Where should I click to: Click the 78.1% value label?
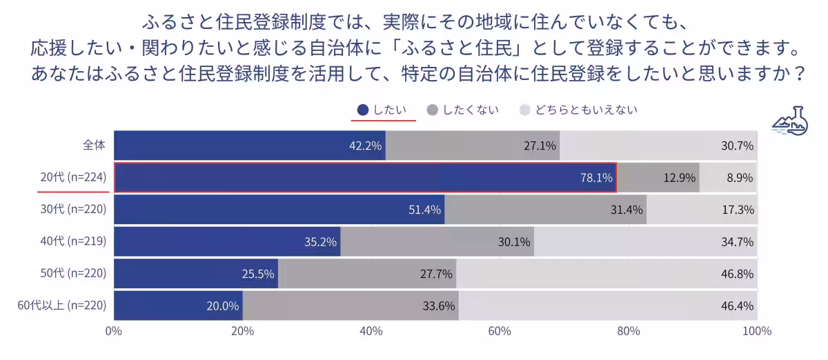coord(596,178)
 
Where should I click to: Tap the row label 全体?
coord(94,146)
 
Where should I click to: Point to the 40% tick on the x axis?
coord(371,331)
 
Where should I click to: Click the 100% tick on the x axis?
coord(757,331)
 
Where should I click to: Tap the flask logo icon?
coord(791,122)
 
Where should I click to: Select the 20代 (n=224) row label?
coord(72,178)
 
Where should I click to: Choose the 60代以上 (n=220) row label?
coord(62,306)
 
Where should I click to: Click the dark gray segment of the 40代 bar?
coord(437,241)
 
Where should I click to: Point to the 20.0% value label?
coord(223,306)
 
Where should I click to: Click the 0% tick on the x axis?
coord(114,331)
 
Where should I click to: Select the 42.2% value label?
coord(366,146)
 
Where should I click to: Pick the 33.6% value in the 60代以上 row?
coord(436,306)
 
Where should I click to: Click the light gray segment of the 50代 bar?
coord(607,274)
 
